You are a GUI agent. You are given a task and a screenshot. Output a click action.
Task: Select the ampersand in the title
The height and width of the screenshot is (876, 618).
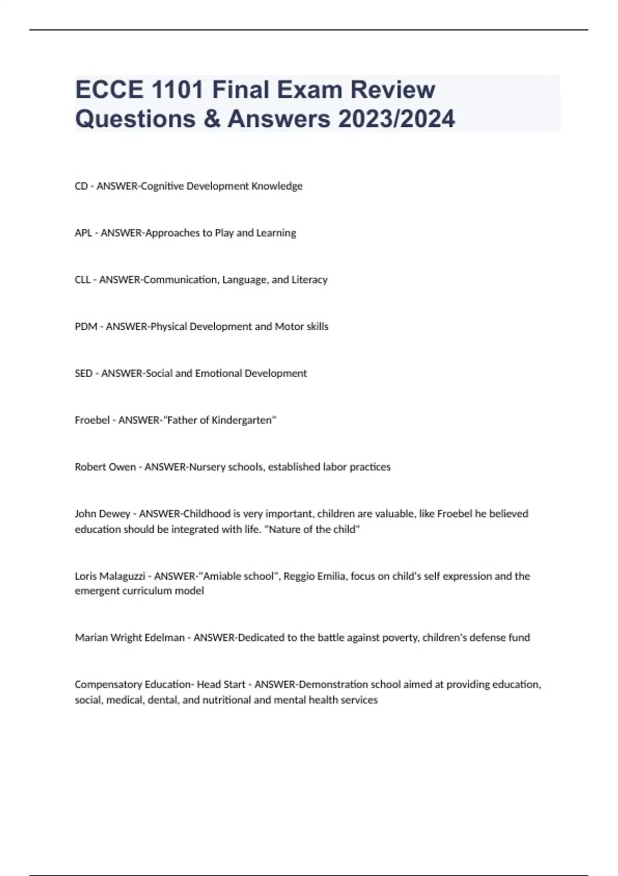click(212, 119)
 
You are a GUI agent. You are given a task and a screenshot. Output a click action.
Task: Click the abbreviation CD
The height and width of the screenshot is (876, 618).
click(81, 186)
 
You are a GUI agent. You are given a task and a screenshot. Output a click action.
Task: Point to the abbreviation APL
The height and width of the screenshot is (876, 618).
click(83, 233)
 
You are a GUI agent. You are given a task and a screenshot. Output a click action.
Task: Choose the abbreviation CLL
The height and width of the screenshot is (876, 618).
click(82, 280)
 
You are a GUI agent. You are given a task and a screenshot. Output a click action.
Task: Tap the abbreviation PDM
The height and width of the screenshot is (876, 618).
click(86, 327)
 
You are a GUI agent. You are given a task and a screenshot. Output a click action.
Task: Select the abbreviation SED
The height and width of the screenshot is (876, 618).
click(83, 374)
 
